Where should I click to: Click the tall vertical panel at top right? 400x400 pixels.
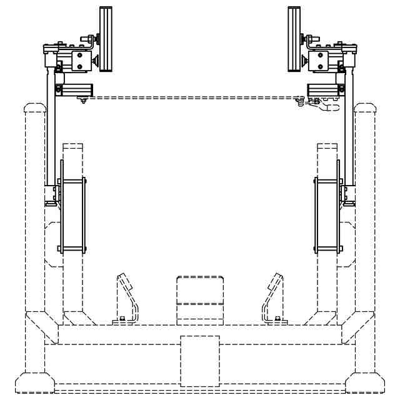pos(294,39)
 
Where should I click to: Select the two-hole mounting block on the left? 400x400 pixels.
pos(79,61)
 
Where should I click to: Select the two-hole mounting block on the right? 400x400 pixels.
pos(319,61)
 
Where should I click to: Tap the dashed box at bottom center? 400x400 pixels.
pos(200,361)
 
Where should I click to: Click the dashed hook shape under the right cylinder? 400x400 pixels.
pos(327,107)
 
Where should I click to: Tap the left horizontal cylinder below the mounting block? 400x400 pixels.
pos(74,89)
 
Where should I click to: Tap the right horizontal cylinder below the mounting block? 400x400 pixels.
pos(324,89)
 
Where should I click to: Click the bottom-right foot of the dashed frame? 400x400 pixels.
pos(366,381)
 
